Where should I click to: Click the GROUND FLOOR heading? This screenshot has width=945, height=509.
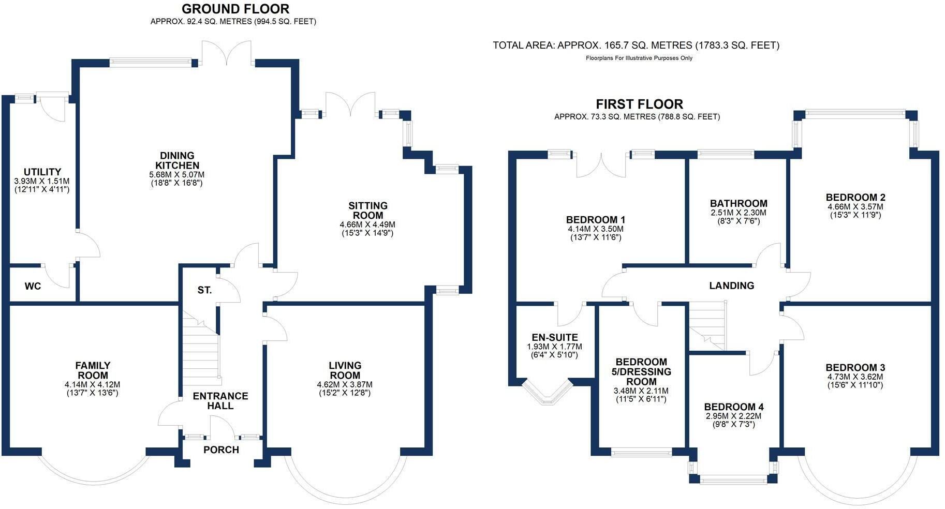click(235, 9)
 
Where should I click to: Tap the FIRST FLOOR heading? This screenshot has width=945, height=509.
click(639, 104)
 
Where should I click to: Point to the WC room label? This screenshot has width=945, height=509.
click(33, 286)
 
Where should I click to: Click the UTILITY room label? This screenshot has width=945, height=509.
click(42, 172)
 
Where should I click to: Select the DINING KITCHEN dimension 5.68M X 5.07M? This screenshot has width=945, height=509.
click(176, 175)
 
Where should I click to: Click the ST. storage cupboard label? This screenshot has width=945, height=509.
click(204, 290)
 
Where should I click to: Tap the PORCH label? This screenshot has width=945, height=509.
click(221, 450)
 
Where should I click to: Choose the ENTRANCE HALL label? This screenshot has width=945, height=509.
click(220, 401)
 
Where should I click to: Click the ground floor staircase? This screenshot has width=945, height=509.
click(201, 352)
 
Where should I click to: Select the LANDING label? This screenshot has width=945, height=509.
click(731, 286)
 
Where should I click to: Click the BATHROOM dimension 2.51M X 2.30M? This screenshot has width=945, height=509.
click(739, 213)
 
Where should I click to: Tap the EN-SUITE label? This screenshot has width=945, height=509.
click(555, 337)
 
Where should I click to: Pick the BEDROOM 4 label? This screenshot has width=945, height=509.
click(733, 407)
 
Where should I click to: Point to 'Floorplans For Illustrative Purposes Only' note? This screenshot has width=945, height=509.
click(639, 58)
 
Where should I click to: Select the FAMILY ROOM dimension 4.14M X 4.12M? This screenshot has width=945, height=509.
click(92, 385)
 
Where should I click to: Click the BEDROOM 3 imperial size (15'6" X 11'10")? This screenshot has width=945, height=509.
click(855, 385)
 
